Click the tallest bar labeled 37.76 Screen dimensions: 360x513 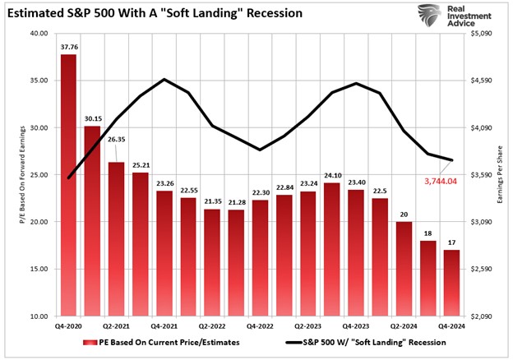pos(68,185)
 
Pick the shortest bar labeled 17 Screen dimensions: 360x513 pos(451,283)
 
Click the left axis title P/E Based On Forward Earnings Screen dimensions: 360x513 pos(18,174)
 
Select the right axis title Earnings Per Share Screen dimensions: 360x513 pos(501,174)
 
